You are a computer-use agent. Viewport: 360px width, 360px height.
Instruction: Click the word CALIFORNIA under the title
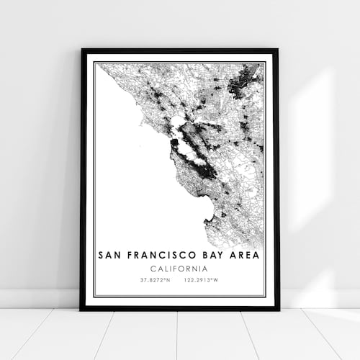click(x=179, y=269)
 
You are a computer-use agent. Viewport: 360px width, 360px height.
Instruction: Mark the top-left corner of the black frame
click(x=82, y=50)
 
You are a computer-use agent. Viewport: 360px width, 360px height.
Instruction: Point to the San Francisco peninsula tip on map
click(x=174, y=142)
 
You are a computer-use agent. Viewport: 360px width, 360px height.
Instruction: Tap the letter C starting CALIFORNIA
click(x=152, y=269)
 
